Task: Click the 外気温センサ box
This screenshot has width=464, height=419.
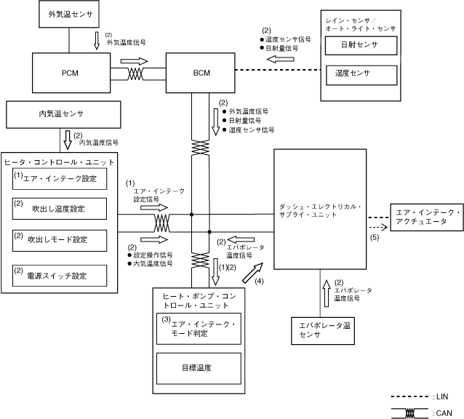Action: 65,14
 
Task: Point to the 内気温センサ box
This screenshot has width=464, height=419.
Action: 61,114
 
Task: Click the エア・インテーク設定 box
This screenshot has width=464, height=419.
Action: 59,178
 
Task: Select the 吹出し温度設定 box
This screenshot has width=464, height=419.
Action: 59,208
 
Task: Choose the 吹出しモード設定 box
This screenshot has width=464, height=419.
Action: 59,239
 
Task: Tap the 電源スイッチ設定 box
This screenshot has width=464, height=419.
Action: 59,275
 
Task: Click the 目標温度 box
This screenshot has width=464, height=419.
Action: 199,368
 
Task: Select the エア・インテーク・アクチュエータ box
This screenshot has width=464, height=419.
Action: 426,215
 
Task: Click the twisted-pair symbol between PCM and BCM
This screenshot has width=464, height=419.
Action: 136,74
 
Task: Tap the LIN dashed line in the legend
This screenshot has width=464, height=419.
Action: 410,396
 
